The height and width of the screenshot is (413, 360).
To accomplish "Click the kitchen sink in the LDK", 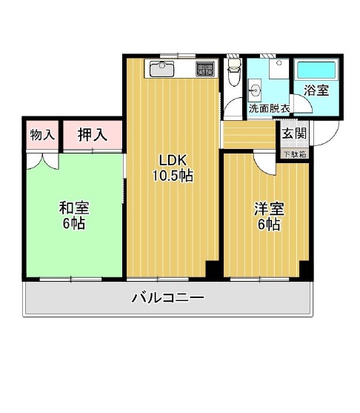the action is [161, 69].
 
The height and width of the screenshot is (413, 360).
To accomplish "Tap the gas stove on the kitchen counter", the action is [205, 69].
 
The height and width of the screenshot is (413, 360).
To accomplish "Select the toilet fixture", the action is [234, 72].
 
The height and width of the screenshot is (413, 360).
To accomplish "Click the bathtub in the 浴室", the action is [316, 70].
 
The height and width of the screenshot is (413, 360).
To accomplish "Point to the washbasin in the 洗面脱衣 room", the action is [255, 90].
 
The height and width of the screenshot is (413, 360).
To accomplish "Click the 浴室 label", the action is [316, 90].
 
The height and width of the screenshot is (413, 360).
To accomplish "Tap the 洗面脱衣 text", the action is [269, 108].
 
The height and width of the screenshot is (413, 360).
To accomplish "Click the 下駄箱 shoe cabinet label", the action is [296, 155].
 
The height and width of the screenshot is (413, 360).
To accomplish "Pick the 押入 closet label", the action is [93, 135].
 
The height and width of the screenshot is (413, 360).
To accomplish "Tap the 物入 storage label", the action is [42, 135].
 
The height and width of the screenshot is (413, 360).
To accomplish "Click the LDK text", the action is [173, 160].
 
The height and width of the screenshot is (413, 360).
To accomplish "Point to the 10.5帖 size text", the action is [173, 176].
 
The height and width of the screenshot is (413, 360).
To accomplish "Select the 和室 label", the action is [74, 208].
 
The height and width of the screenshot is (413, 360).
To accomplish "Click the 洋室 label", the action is [269, 210].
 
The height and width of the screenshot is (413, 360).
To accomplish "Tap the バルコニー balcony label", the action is [168, 298].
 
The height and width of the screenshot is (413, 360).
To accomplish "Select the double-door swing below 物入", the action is [42, 162].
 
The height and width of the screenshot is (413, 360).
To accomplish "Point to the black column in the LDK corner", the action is [213, 269].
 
